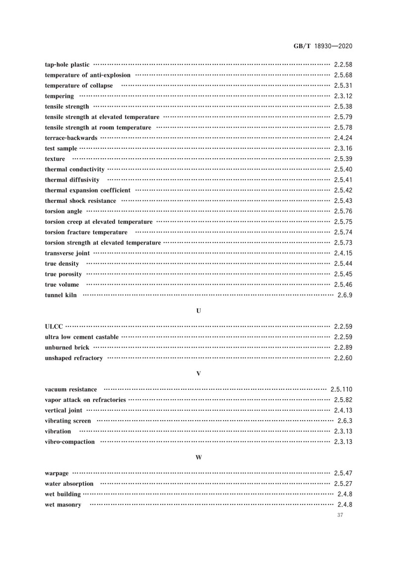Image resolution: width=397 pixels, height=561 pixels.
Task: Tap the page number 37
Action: click(340, 516)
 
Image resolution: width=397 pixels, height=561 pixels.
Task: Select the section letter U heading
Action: click(198, 311)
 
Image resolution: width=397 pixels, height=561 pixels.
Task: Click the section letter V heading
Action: click(198, 373)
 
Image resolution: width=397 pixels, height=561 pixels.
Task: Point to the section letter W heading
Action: click(198, 457)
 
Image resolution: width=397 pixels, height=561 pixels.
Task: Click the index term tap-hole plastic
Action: click(67, 64)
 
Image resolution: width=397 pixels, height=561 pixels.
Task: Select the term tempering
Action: click(59, 96)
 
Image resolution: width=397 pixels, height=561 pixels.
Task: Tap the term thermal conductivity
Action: click(74, 169)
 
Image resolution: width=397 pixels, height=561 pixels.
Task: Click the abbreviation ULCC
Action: click(54, 327)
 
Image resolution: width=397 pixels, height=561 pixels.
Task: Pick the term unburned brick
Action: click(67, 348)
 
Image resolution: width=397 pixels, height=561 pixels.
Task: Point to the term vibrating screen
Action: click(67, 421)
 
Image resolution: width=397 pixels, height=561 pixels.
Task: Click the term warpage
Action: click(57, 473)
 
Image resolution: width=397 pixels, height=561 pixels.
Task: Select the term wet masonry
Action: click(63, 505)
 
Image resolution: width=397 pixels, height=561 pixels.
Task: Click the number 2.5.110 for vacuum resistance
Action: click(341, 389)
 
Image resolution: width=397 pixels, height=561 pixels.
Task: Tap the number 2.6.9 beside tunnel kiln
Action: click(344, 295)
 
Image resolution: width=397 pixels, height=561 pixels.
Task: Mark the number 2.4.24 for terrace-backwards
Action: click(343, 138)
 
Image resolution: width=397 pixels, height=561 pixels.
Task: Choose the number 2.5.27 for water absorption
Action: click(343, 484)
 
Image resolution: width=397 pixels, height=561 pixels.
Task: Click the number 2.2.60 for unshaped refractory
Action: click(343, 358)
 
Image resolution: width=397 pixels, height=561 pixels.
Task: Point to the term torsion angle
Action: click(64, 211)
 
